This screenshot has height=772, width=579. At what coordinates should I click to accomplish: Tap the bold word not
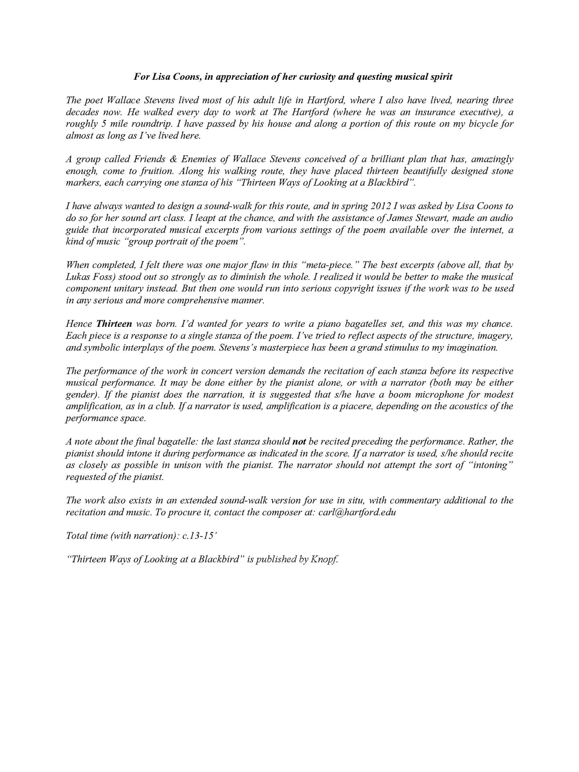point(299,442)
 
